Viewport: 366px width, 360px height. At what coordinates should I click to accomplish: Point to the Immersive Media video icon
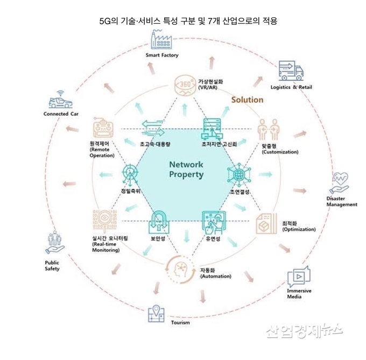[x=299, y=277]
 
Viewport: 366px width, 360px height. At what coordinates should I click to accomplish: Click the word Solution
[x=247, y=100]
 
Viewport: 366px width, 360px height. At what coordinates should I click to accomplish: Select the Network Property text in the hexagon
[x=186, y=169]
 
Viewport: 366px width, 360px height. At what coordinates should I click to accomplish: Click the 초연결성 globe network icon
[x=238, y=174]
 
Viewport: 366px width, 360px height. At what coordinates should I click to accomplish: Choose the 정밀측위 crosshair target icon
[x=131, y=173]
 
